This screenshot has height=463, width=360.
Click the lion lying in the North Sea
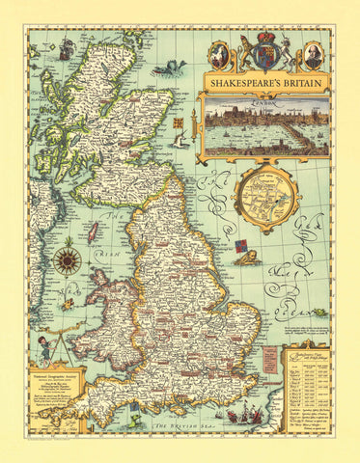248,259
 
